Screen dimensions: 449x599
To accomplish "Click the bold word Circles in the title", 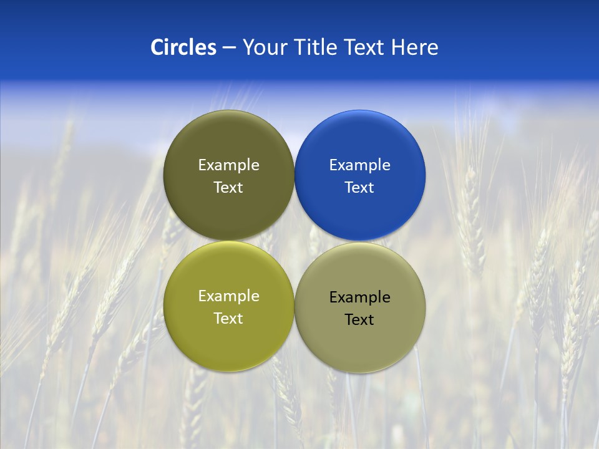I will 183,47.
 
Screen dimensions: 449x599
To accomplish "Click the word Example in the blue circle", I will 359,165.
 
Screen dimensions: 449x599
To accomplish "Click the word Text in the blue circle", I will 359,188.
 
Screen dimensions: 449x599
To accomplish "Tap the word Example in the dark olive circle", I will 228,165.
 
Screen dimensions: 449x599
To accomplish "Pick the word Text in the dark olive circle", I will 228,188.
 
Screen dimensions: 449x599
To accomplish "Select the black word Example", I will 359,297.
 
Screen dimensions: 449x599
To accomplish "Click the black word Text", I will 359,320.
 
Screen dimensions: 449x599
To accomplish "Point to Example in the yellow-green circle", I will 228,296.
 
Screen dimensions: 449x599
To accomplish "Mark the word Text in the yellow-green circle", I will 228,319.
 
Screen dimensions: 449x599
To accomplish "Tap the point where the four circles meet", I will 294,241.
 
